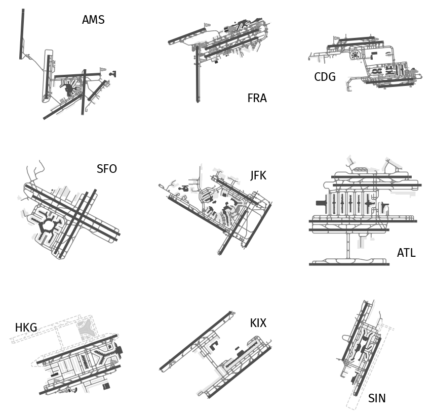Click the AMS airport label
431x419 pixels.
click(93, 20)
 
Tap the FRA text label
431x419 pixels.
click(257, 98)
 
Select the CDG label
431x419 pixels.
click(325, 77)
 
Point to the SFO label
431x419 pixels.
click(107, 169)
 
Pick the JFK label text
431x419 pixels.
click(258, 175)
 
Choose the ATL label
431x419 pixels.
click(406, 253)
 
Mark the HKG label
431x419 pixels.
click(26, 328)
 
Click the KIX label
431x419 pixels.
click(258, 323)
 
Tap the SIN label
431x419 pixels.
click(377, 398)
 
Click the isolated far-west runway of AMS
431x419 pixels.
click(22, 34)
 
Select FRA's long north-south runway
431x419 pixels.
click(198, 74)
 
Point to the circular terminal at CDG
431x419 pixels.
click(355, 55)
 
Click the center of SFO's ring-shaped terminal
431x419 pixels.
click(49, 225)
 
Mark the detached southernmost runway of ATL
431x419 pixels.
click(349, 264)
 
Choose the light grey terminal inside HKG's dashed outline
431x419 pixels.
click(88, 328)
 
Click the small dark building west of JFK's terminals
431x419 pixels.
click(183, 188)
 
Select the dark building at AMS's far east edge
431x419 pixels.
click(113, 74)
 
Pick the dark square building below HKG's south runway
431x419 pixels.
click(106, 386)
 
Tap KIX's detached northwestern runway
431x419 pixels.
click(195, 341)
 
